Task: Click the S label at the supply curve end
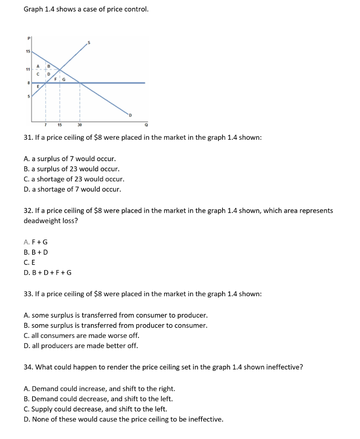coord(89,42)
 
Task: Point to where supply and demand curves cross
coord(60,69)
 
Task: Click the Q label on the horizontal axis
coord(146,126)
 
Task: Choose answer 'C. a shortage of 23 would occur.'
coord(74,179)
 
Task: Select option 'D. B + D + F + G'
coord(48,272)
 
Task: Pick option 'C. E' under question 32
coord(30,262)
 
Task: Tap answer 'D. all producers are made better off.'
coord(81,346)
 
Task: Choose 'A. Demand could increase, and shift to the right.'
coord(99,389)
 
